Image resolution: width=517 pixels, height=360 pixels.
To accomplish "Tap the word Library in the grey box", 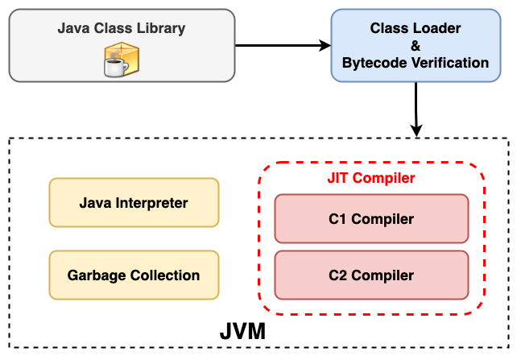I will [x=159, y=29].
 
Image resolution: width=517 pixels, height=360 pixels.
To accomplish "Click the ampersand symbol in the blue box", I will [x=416, y=45].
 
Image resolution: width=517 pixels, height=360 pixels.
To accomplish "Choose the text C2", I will [x=338, y=275].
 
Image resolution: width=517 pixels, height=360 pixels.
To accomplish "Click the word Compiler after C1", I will [x=383, y=219].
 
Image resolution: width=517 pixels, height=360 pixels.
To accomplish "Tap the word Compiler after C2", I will [x=383, y=275].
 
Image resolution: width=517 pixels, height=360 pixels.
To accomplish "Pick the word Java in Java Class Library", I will [x=72, y=29].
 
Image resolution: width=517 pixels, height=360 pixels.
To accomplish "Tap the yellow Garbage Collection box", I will [x=134, y=275].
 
